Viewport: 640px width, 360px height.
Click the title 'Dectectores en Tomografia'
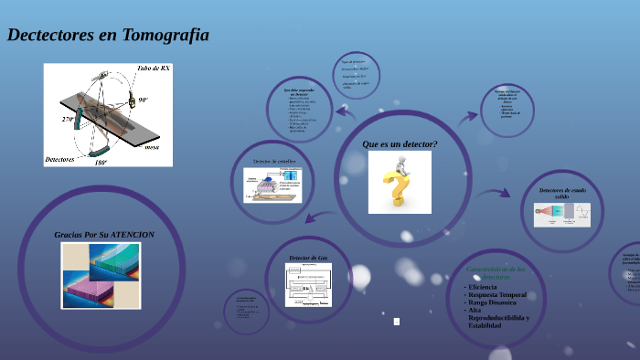pyautogui.click(x=108, y=36)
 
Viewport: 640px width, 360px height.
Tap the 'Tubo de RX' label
pyautogui.click(x=153, y=69)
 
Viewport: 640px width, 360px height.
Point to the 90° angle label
pyautogui.click(x=143, y=100)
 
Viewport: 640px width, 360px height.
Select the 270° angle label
pyautogui.click(x=69, y=119)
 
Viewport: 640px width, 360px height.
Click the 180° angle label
pyautogui.click(x=101, y=162)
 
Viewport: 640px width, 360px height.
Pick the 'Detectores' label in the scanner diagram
pyautogui.click(x=59, y=159)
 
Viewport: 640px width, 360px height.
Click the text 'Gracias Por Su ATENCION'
pyautogui.click(x=104, y=235)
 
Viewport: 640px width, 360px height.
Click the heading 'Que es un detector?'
pyautogui.click(x=400, y=144)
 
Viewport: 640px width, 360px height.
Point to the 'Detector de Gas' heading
pyautogui.click(x=308, y=259)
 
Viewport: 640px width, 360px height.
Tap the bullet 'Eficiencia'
pyautogui.click(x=485, y=287)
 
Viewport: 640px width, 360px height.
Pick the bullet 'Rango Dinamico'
pyautogui.click(x=492, y=302)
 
